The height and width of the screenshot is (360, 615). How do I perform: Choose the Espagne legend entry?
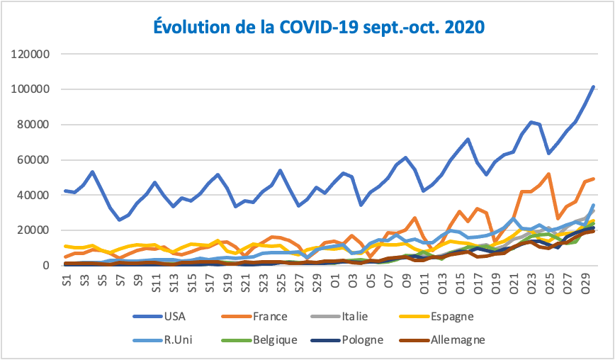tap(471, 316)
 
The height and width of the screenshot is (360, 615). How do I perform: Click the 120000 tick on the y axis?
tap(30, 55)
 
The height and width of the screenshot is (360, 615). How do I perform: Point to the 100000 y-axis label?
tap(30, 89)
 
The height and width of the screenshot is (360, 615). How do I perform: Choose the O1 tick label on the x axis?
tap(335, 279)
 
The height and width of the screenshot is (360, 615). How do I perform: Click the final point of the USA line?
tap(593, 86)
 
